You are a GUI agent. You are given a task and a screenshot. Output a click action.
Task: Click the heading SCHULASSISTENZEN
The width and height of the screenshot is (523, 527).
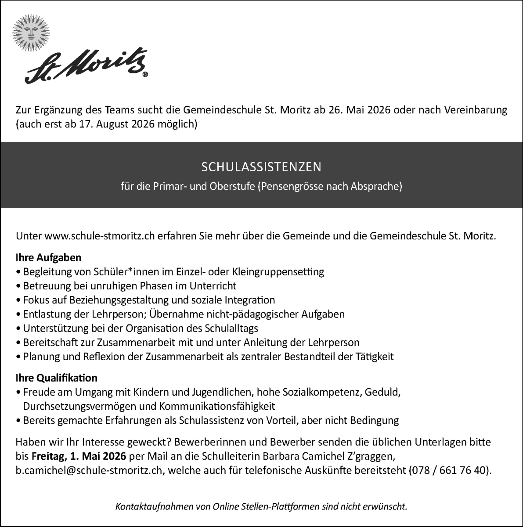[x=261, y=167]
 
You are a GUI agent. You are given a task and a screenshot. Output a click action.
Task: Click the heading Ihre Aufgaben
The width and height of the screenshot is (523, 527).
[x=48, y=257]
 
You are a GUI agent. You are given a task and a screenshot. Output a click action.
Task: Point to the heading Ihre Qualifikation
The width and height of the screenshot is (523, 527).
[x=56, y=378]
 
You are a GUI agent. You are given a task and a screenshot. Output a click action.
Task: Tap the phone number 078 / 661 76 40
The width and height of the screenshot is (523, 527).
[x=449, y=470]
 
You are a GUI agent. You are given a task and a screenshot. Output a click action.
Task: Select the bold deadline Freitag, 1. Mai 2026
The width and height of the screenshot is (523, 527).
[x=79, y=456]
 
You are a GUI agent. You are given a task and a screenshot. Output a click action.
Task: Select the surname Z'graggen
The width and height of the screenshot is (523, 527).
[x=374, y=456]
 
